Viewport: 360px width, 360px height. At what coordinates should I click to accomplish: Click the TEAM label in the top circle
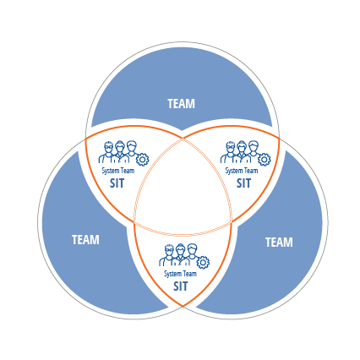pyautogui.click(x=181, y=104)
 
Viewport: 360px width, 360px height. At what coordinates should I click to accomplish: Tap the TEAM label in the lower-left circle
pyautogui.click(x=85, y=240)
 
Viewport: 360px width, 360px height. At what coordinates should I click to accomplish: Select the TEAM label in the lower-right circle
pyautogui.click(x=279, y=243)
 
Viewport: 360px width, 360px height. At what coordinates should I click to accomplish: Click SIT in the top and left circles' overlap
pyautogui.click(x=117, y=183)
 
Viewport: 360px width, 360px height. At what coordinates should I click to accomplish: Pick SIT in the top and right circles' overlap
pyautogui.click(x=243, y=183)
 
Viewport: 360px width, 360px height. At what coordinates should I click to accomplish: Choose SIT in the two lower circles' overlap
pyautogui.click(x=180, y=286)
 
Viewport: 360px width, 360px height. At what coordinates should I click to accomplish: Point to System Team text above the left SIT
pyautogui.click(x=118, y=171)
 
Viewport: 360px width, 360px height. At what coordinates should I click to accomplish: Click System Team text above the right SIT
pyautogui.click(x=242, y=171)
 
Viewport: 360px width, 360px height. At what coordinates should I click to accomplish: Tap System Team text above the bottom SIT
pyautogui.click(x=180, y=274)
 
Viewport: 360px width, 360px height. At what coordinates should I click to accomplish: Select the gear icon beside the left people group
pyautogui.click(x=142, y=160)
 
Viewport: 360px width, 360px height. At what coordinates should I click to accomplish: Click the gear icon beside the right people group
pyautogui.click(x=265, y=160)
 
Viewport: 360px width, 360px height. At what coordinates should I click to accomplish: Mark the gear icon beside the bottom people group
pyautogui.click(x=203, y=263)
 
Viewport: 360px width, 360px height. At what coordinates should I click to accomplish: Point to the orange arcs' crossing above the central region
pyautogui.click(x=183, y=139)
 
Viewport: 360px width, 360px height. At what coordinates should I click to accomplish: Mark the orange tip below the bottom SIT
pyautogui.click(x=183, y=306)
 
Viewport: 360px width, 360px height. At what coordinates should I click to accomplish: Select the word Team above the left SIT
pyautogui.click(x=128, y=171)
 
